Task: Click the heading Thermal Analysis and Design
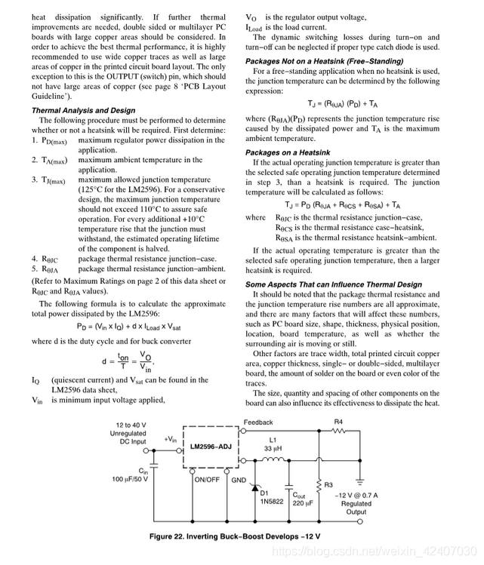[x=84, y=110]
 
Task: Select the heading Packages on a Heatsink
[x=288, y=152]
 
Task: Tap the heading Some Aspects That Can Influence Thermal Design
[x=344, y=284]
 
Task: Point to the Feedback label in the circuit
[x=258, y=423]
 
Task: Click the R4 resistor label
[x=338, y=423]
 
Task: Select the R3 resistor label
[x=328, y=484]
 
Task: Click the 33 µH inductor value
[x=273, y=449]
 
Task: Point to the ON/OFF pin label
[x=205, y=478]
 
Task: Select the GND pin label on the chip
[x=238, y=478]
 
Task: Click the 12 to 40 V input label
[x=133, y=425]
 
